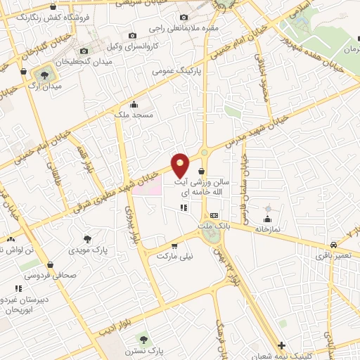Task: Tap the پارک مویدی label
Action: coord(88,250)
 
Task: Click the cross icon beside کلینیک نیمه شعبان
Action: coord(281,346)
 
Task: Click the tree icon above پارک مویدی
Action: coord(87,239)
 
